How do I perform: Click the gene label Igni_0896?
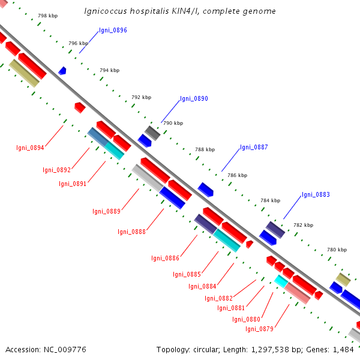point(113,30)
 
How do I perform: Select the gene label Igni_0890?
point(194,98)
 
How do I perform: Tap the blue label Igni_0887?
point(254,147)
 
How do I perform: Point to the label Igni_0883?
point(316,194)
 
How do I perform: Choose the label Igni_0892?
point(57,170)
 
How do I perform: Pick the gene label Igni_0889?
point(106,211)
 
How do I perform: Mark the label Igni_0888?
point(131,232)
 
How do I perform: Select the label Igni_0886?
point(165,258)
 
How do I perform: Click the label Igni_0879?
point(259,328)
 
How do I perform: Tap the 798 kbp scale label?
point(47,15)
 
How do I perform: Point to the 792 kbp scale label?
point(141,97)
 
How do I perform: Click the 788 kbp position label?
point(205,149)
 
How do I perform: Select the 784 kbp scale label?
point(270,200)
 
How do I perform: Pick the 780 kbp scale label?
point(337,249)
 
